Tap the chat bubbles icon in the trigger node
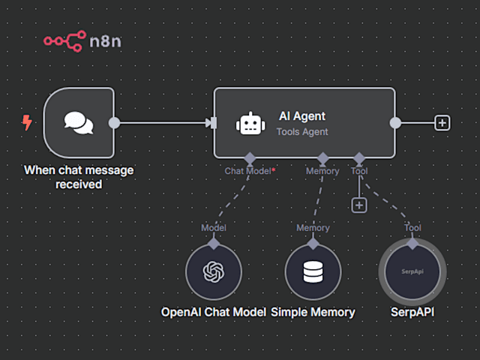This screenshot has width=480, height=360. tap(79, 123)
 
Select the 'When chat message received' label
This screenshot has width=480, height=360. tap(79, 177)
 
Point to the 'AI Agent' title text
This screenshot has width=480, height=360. tap(301, 116)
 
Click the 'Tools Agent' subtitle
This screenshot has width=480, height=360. tap(302, 131)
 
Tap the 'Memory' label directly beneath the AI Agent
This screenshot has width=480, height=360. tap(322, 171)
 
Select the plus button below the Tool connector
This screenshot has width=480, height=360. tap(359, 205)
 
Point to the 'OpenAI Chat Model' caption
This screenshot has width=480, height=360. tap(214, 311)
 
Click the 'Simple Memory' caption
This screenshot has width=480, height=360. tap(313, 311)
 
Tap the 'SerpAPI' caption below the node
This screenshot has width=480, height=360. tap(412, 311)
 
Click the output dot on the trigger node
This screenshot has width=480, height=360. tap(114, 123)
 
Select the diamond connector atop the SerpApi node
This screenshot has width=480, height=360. tap(412, 244)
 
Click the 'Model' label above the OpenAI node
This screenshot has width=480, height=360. tap(214, 228)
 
